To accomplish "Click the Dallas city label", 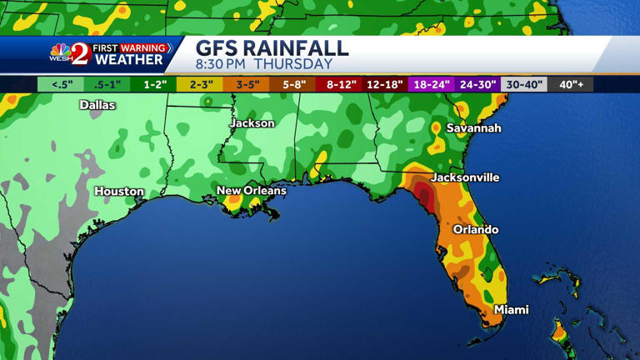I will coord(97,105).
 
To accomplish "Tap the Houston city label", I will coord(119,192).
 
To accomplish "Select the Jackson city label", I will coord(252,123).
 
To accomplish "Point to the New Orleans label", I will coord(251,191).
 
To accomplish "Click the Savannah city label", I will coord(473,128).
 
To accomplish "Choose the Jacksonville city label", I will coord(465,177).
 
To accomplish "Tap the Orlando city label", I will coord(475,229).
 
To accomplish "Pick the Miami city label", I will coord(511,310).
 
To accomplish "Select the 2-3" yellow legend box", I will coord(201,84).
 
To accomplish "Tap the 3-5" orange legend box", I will coord(247,84).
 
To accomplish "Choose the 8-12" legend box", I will coord(341,84).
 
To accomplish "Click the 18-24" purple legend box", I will coord(432,84).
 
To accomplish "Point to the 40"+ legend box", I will coord(571,84).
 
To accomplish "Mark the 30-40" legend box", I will coord(524,84).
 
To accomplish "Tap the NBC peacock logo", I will coord(61,51).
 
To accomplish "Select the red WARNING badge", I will coord(144,48).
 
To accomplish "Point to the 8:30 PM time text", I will coord(222,64).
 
